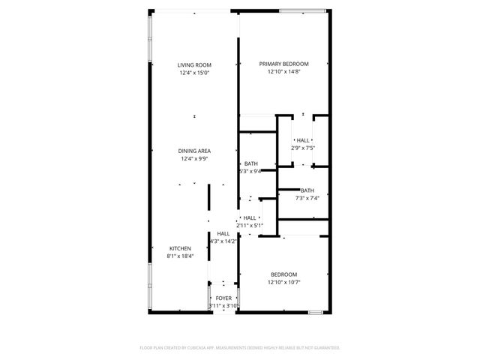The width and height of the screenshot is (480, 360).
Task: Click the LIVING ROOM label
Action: (x=194, y=65)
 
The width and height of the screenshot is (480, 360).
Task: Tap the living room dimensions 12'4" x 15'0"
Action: (x=194, y=73)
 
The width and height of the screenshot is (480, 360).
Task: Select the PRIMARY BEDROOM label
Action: (x=284, y=64)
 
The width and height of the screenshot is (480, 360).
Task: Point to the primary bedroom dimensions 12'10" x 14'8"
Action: (x=284, y=73)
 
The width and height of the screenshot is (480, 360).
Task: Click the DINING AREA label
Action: (x=194, y=151)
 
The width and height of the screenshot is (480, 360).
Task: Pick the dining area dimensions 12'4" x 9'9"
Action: (x=194, y=159)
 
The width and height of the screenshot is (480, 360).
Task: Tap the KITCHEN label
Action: (x=180, y=248)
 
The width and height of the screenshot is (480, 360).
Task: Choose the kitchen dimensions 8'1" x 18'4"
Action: (x=180, y=256)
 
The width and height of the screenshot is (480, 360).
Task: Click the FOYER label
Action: (x=223, y=298)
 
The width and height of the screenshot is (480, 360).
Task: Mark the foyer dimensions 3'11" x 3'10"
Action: (x=223, y=306)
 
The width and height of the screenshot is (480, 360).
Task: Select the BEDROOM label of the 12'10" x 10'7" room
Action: (x=284, y=274)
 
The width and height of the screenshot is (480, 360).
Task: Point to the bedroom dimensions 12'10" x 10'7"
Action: (x=284, y=282)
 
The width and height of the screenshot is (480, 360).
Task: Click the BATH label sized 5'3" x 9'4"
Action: (x=250, y=163)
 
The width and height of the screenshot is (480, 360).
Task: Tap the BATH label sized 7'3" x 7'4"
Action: (x=307, y=190)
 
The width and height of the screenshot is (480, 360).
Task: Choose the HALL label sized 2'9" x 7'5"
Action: (x=303, y=140)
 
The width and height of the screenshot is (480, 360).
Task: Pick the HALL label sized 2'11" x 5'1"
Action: (x=250, y=217)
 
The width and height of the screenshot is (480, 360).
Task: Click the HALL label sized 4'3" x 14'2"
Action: (x=223, y=233)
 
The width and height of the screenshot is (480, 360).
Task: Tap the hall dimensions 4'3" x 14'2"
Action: (x=223, y=241)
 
